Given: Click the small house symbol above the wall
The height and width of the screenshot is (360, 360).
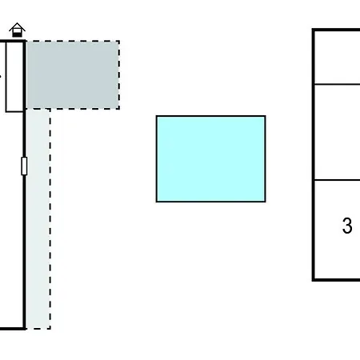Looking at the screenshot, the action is click(18, 30).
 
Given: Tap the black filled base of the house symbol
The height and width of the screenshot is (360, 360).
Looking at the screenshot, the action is click(17, 34).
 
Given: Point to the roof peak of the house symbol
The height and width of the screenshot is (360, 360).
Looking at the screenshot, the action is click(18, 23).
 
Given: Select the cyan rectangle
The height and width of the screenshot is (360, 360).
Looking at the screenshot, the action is click(210, 159).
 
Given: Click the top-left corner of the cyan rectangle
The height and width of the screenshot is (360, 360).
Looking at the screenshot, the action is click(156, 116).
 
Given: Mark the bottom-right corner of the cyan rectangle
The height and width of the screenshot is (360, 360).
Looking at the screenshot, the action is click(266, 202).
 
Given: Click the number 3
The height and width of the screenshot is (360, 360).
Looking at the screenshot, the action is click(347, 226).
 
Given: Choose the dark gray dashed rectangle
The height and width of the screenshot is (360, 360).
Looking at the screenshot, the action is click(73, 75).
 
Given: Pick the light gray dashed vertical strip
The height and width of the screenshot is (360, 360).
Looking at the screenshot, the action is click(38, 219).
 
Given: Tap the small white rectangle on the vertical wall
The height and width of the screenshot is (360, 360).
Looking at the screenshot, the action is click(24, 166).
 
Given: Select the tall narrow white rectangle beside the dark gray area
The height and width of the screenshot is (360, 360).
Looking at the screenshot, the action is click(14, 77).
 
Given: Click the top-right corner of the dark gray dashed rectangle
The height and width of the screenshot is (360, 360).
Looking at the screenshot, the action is click(119, 41).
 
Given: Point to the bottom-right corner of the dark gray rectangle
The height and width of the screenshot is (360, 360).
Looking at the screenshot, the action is click(119, 109).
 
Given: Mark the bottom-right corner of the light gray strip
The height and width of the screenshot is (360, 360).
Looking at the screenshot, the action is click(50, 329).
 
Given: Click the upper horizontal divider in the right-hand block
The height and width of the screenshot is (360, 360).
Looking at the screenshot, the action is click(338, 84).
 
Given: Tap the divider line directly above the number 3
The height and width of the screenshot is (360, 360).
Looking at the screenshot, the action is click(338, 180).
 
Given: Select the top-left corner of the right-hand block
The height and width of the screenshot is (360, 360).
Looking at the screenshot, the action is click(314, 30).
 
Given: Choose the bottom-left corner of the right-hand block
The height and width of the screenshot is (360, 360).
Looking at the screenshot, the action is click(314, 280).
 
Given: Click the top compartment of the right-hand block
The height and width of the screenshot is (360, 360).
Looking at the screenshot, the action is click(338, 58).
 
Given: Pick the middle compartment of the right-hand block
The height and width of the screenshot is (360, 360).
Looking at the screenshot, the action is click(338, 132).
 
